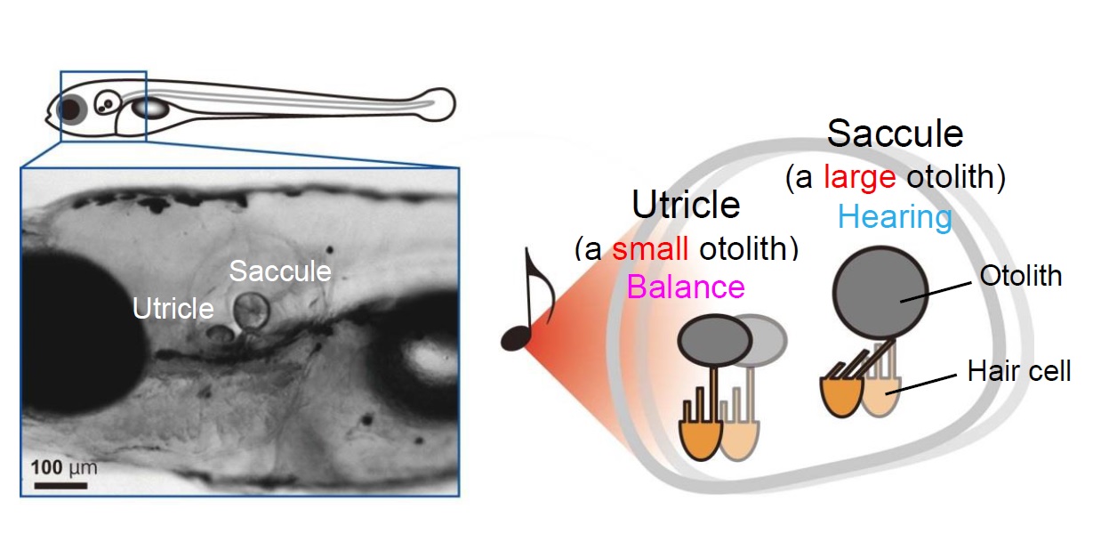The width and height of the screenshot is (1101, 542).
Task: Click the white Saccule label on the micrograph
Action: (280, 271)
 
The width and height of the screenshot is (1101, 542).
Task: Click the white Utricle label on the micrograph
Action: (173, 308)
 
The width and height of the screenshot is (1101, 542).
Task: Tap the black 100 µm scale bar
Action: (60, 486)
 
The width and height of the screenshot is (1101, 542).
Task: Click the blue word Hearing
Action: (895, 216)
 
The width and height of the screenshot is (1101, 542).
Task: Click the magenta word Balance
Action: (686, 287)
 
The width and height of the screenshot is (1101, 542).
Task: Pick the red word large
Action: (858, 178)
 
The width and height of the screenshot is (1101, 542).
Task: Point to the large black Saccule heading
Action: (895, 133)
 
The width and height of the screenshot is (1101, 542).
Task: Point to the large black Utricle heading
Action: (686, 205)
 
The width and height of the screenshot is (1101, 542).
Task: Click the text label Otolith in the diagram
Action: (1020, 276)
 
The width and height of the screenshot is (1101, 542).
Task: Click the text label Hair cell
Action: (1018, 370)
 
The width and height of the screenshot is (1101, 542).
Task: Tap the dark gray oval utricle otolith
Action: (712, 341)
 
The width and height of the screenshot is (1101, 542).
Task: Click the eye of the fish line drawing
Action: (71, 109)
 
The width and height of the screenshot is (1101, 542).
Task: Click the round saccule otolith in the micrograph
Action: (252, 311)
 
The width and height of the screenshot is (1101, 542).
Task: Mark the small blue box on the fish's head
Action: (103, 106)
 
